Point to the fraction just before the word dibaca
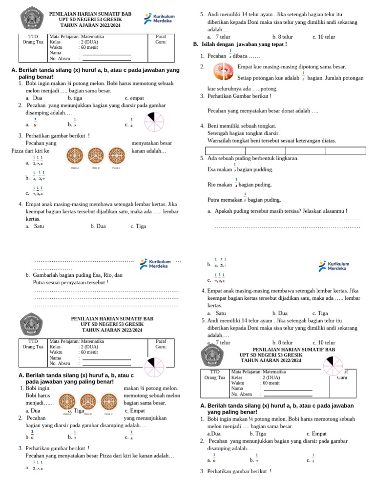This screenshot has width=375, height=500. pos(230,54)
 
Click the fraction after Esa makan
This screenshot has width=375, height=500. pos(235,167)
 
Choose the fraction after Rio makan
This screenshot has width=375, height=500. pos(236,183)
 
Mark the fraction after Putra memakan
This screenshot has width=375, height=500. pos(245,197)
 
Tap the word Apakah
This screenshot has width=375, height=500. pos(223,211)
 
